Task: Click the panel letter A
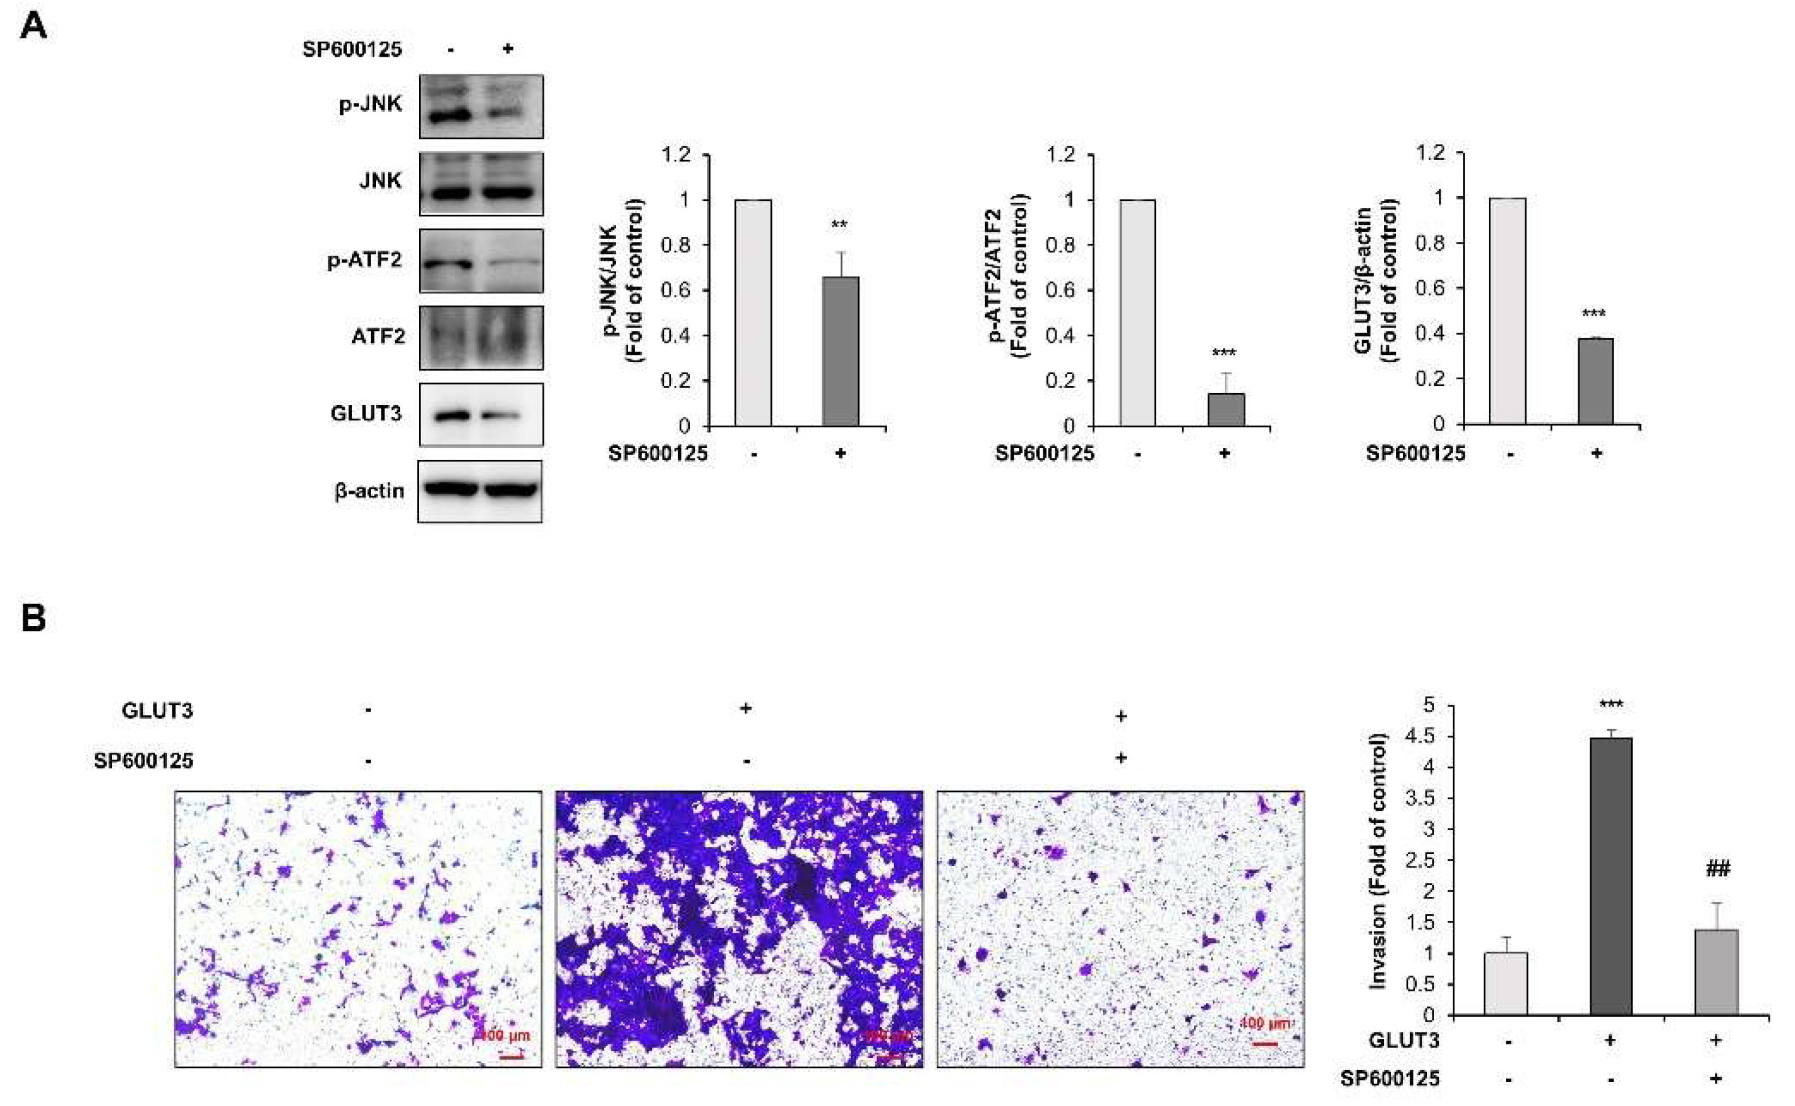click(x=33, y=27)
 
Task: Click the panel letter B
click(x=33, y=618)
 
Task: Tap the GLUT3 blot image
click(x=481, y=414)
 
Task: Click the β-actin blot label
click(x=369, y=491)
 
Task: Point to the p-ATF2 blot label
click(x=364, y=260)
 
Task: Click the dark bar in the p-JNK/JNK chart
click(x=840, y=351)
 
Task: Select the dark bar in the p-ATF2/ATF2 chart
click(x=1225, y=409)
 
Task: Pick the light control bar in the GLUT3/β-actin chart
click(x=1508, y=311)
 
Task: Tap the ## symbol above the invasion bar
click(x=1718, y=869)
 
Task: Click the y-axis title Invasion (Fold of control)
click(x=1377, y=861)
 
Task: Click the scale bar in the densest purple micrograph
click(x=888, y=1056)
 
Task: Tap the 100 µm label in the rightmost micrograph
click(x=1265, y=1023)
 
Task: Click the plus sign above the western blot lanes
click(x=508, y=48)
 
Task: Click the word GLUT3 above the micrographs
click(x=158, y=710)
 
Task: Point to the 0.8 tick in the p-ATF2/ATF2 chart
click(x=1060, y=245)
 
